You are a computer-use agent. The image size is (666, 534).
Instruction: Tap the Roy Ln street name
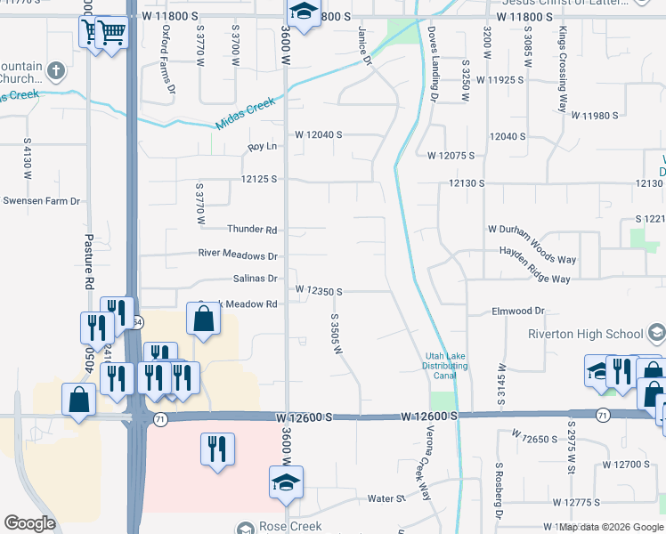coord(263,146)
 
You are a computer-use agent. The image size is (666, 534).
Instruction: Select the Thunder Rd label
coord(252,230)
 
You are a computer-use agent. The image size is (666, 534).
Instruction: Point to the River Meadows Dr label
coord(238,255)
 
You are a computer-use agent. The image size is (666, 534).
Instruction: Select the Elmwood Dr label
coord(517,311)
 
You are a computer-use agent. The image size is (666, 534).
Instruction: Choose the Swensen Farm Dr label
coord(41,201)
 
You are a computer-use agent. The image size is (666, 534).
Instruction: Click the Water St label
coord(386,498)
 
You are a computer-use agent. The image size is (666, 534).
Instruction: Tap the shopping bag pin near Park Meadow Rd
coord(204,318)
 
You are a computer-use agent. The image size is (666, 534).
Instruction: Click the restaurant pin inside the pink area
coord(217,449)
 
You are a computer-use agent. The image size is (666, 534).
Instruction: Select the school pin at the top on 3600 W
coord(303,12)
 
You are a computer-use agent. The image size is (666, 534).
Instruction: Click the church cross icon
coord(56,71)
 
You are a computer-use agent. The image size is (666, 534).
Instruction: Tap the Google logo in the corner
coord(29,523)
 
